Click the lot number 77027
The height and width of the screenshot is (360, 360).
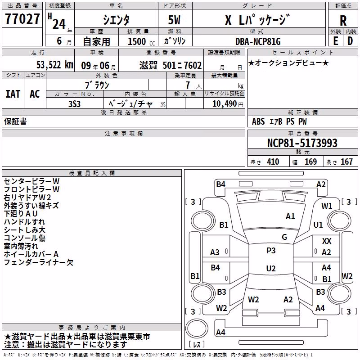pos(22,18)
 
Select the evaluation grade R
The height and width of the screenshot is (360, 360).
pos(343,21)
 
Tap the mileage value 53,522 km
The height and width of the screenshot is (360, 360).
pos(55,65)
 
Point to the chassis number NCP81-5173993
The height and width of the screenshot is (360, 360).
pos(302,143)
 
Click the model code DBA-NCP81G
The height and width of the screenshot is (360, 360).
pos(258,41)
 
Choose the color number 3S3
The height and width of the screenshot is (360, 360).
pos(74,104)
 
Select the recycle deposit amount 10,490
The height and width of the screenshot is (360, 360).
pos(225,103)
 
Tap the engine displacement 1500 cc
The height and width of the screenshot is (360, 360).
pos(141,41)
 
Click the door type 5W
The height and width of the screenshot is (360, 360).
pos(174,20)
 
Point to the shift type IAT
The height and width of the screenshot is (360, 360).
pos(13,94)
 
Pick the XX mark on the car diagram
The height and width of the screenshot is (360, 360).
pos(327,241)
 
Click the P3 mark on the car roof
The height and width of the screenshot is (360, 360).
pos(271,250)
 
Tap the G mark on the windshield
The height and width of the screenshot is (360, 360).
pos(284,237)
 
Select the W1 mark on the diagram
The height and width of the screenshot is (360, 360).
pos(327,206)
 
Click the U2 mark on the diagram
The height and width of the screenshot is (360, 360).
pos(271,268)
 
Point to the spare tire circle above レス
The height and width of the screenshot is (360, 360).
pos(197,328)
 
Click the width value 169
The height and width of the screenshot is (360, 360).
pos(310,162)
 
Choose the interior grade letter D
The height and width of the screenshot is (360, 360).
pos(350,41)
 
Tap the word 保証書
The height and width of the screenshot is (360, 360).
pos(15,121)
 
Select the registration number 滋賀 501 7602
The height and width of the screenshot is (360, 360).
pos(171,65)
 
